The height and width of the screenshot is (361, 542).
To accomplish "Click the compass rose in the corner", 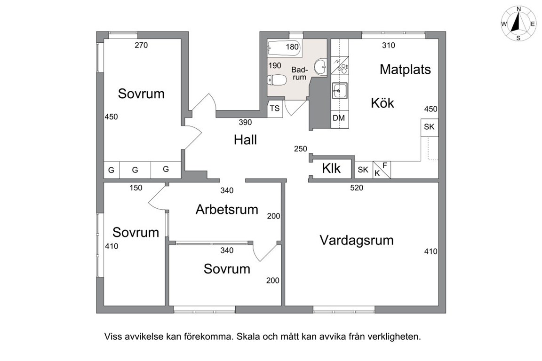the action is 518,24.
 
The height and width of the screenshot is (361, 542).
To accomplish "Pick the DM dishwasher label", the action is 339,118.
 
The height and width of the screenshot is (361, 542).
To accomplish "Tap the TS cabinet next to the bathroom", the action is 275,109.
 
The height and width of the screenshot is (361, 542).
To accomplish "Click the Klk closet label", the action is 331,169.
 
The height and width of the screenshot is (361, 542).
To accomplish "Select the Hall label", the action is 246,140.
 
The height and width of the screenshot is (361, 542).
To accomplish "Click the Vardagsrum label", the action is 356,240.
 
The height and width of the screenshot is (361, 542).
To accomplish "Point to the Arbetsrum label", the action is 227,209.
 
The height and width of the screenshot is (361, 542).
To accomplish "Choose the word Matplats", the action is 405,70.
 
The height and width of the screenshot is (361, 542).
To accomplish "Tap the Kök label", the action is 383,103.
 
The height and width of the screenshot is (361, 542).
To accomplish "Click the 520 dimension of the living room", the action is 357,188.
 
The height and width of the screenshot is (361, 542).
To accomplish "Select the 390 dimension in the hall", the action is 245,122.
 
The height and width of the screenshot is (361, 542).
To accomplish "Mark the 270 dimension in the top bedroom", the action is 141,45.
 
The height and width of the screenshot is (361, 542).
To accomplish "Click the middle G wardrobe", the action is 135,170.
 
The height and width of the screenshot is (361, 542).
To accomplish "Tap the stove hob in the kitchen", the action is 340,65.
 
